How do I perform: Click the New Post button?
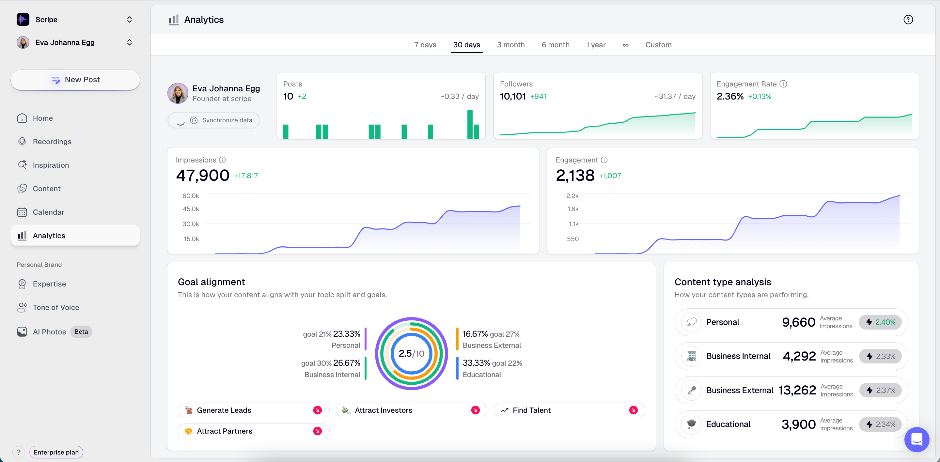pyautogui.click(x=75, y=80)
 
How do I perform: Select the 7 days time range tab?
pyautogui.click(x=425, y=45)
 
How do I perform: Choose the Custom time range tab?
pyautogui.click(x=658, y=45)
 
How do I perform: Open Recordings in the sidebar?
pyautogui.click(x=52, y=142)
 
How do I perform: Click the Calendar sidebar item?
pyautogui.click(x=48, y=212)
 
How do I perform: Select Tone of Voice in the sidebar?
pyautogui.click(x=56, y=307)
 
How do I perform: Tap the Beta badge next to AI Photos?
pyautogui.click(x=81, y=332)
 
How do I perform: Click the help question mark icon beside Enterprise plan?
pyautogui.click(x=19, y=452)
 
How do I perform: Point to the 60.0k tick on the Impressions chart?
pyautogui.click(x=191, y=196)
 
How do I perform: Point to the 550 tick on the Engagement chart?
pyautogui.click(x=572, y=239)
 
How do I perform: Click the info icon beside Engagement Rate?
pyautogui.click(x=783, y=84)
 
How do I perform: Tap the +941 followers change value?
pyautogui.click(x=538, y=97)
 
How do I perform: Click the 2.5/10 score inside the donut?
pyautogui.click(x=411, y=353)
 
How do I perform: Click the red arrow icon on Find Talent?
pyautogui.click(x=633, y=410)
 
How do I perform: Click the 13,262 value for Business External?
pyautogui.click(x=797, y=390)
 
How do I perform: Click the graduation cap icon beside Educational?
pyautogui.click(x=691, y=424)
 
